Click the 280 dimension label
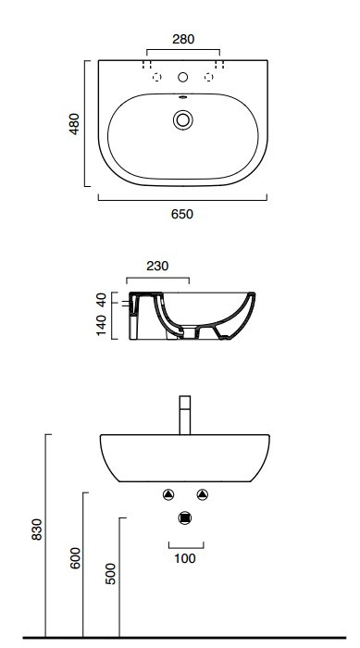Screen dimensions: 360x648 pos(183,39)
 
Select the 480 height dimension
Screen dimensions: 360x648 pos(74,123)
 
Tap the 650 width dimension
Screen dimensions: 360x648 pos(182,214)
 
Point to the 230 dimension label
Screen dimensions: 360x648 pos(157,267)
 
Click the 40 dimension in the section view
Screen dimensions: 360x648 pos(102,298)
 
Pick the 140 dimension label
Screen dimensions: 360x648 pos(102,325)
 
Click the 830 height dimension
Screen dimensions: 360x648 pos(37,530)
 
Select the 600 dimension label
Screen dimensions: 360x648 pos(75,558)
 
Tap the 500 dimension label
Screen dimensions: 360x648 pos(111,574)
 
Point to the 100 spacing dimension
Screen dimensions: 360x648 pos(185,558)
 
